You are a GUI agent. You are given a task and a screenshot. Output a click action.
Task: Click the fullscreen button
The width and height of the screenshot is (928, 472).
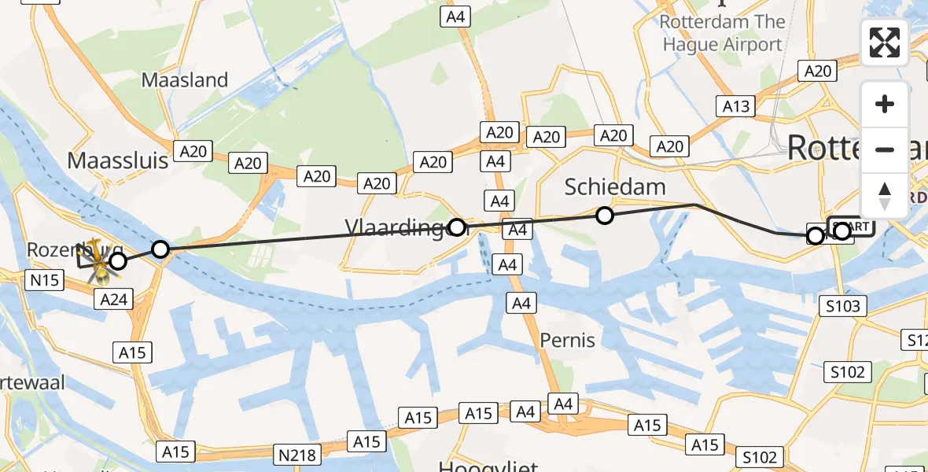point(885,42)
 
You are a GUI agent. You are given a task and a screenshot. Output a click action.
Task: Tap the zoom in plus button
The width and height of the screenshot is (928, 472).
point(885,105)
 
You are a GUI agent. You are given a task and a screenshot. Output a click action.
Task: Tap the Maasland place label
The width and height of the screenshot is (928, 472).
point(185,80)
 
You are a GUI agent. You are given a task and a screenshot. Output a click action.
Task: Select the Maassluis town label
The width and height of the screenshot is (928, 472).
point(118,160)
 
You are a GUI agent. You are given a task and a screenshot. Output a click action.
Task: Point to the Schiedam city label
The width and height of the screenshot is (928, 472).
point(615,186)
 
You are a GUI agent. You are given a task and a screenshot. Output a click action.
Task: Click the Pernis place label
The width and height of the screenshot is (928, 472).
point(567,341)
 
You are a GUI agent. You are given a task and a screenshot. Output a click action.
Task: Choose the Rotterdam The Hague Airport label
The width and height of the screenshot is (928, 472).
point(722,33)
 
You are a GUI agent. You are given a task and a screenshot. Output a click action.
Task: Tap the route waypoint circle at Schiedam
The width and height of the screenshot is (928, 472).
point(604,215)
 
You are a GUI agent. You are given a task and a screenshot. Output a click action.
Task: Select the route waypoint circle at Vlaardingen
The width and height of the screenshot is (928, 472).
point(456,228)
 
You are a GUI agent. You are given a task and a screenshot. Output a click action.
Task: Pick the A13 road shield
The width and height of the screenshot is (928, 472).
point(735,106)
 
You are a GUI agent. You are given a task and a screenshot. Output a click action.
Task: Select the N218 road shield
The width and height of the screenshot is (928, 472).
point(297,454)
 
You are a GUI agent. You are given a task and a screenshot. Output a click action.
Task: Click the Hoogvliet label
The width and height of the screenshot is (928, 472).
point(488,466)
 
